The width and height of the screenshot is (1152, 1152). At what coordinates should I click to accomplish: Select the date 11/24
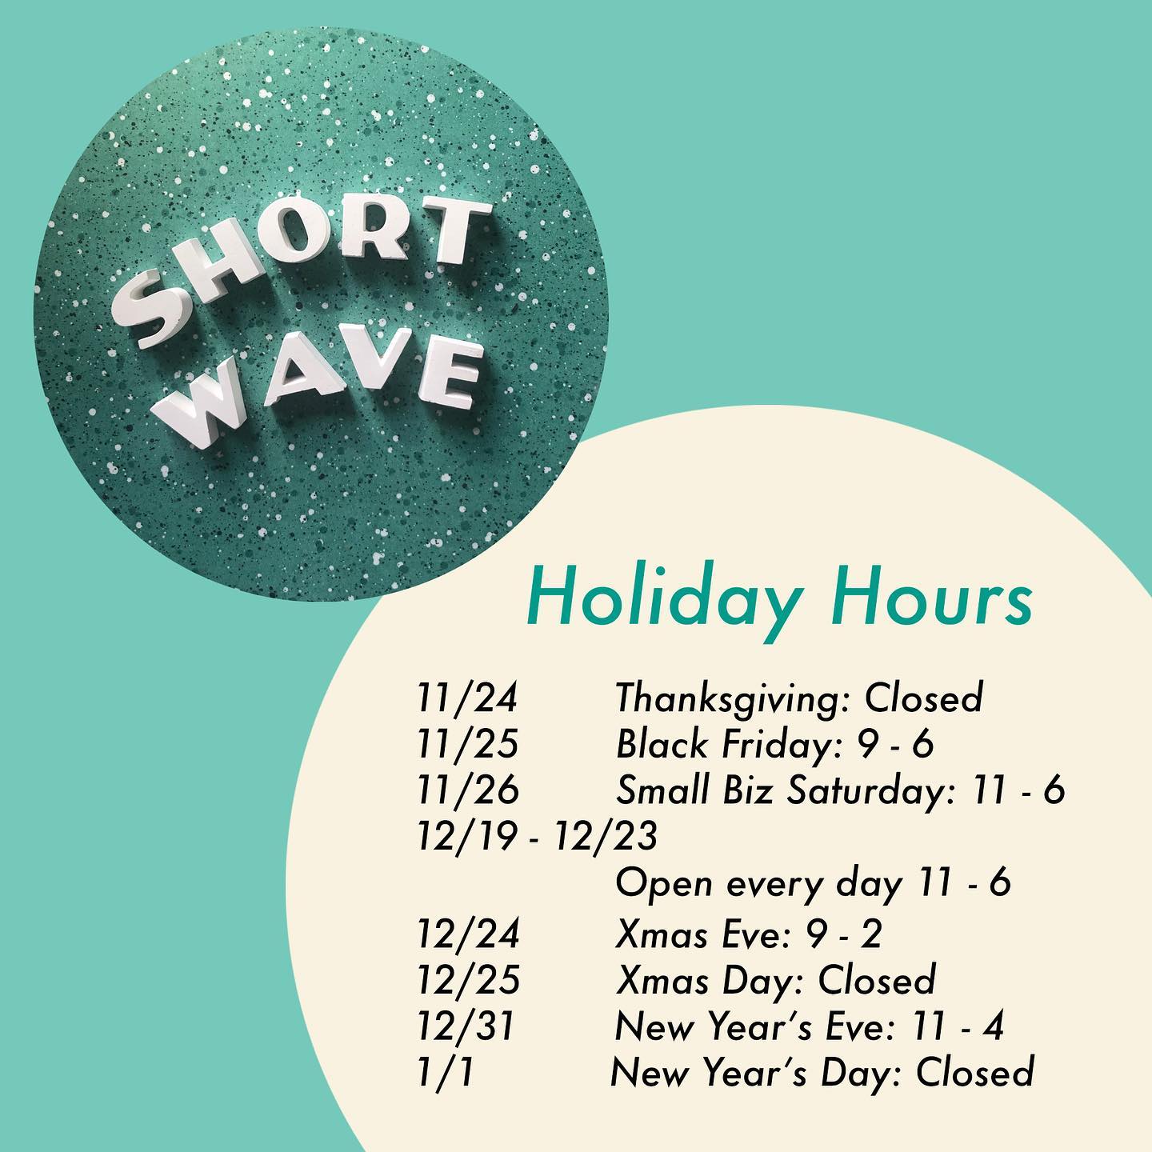(x=467, y=698)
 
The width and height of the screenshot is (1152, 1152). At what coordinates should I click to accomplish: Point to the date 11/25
(x=467, y=744)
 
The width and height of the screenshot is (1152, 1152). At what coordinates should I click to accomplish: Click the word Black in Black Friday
(x=662, y=744)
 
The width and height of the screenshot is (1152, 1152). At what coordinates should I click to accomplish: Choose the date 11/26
(x=467, y=790)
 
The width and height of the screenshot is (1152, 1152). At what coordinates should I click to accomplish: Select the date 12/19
(x=467, y=836)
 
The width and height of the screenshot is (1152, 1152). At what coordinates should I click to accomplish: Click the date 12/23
(x=606, y=836)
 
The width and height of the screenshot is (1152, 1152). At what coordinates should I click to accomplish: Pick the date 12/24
(x=468, y=933)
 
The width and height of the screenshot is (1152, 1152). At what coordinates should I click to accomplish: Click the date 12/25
(x=468, y=980)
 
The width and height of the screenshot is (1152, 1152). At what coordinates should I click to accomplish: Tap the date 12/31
(x=465, y=1026)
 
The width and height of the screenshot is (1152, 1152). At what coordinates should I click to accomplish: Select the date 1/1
(x=446, y=1073)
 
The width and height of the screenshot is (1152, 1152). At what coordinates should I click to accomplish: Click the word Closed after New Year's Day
(x=975, y=1073)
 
